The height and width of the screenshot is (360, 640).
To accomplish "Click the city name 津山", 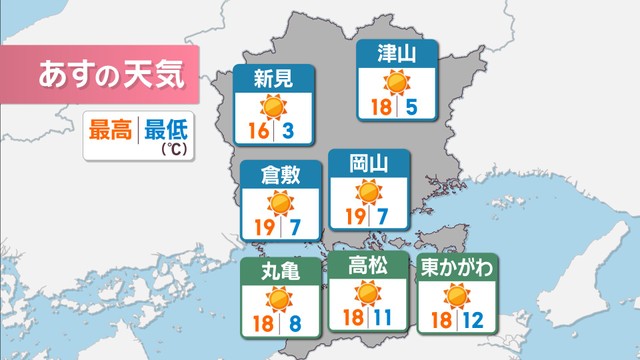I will pyautogui.click(x=398, y=53).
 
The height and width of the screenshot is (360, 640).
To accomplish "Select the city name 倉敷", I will pyautogui.click(x=282, y=174).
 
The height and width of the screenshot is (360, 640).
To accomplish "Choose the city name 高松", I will pyautogui.click(x=368, y=265).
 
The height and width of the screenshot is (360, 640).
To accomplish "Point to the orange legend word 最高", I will pyautogui.click(x=112, y=129).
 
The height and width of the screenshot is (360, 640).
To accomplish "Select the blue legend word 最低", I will pyautogui.click(x=166, y=129).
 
